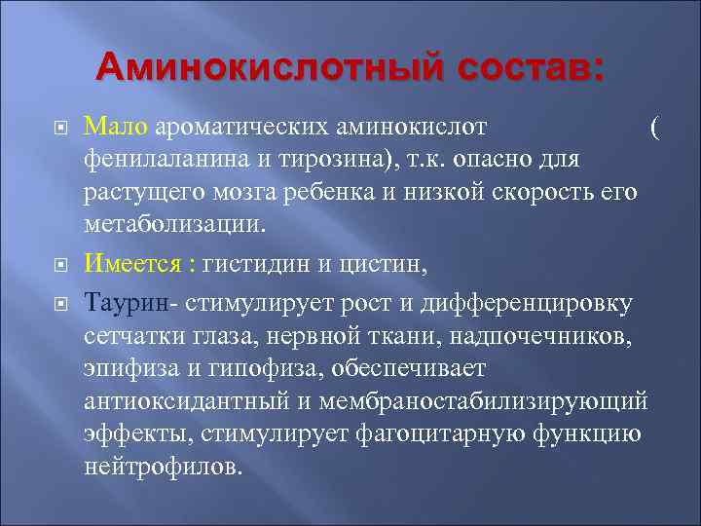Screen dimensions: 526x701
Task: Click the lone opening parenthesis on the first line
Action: [654, 127]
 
